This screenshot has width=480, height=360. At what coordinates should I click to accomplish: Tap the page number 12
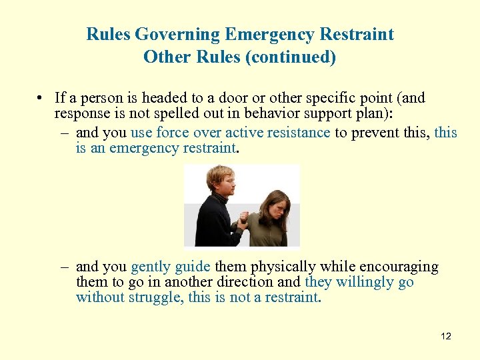point(446,336)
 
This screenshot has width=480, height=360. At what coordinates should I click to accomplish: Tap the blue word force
point(174,132)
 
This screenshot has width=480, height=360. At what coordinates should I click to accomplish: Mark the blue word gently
point(150,267)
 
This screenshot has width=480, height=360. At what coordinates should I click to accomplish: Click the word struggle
point(155,297)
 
